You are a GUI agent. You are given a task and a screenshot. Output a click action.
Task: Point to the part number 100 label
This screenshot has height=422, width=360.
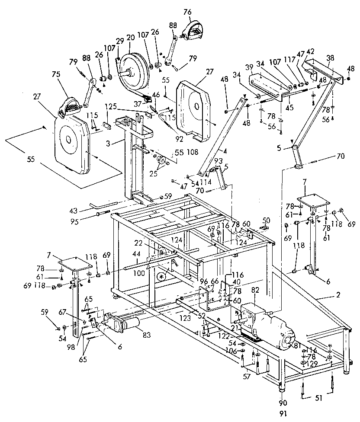click(139, 274)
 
